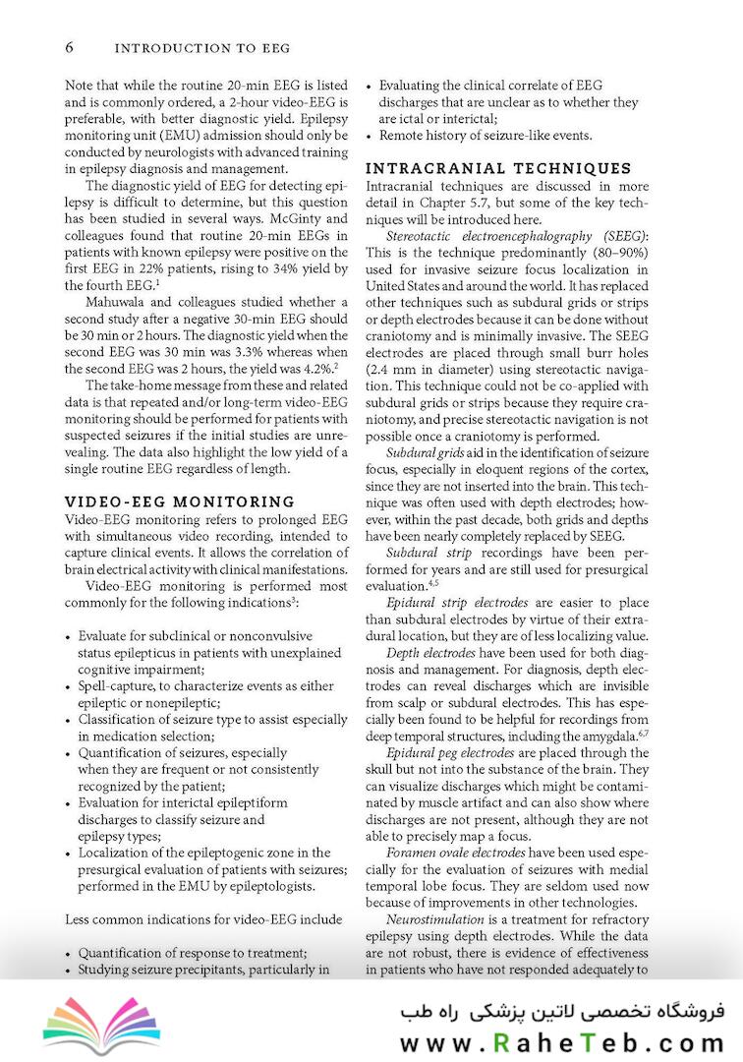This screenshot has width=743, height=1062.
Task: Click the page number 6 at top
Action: point(70,47)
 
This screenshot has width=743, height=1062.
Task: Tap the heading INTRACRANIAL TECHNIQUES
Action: point(498,168)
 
